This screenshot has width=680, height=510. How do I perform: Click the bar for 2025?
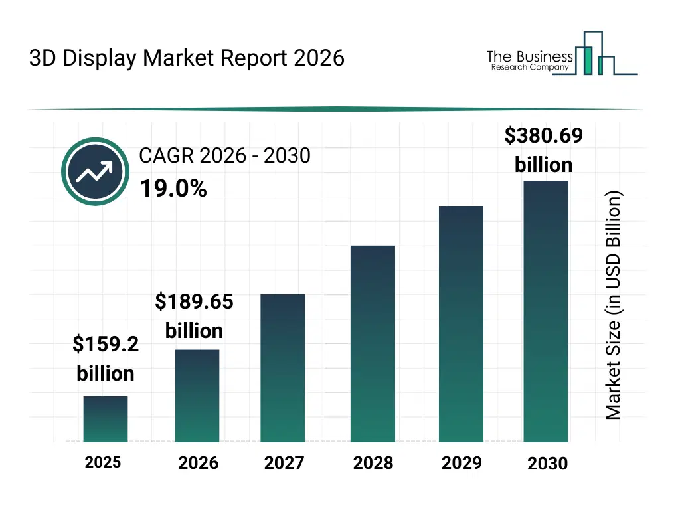[106, 419]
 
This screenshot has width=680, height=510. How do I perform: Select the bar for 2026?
[197, 396]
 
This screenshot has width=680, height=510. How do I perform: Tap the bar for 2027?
[282, 368]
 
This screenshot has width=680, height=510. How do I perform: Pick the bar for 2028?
[373, 344]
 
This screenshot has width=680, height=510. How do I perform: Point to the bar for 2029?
[461, 324]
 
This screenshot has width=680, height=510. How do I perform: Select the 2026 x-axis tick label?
[198, 463]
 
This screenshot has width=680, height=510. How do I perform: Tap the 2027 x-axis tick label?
[284, 463]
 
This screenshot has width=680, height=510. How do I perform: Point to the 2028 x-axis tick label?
[373, 463]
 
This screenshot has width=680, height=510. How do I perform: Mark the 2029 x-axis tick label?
[462, 463]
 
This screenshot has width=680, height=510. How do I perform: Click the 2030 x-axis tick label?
[548, 464]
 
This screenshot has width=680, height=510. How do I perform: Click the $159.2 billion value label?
[106, 359]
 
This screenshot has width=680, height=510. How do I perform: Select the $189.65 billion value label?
[194, 316]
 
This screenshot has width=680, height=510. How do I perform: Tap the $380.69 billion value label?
[543, 150]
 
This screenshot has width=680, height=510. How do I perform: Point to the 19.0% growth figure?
[173, 189]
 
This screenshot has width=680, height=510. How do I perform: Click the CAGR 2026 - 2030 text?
[224, 155]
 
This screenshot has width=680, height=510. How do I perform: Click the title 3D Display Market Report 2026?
[187, 58]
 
